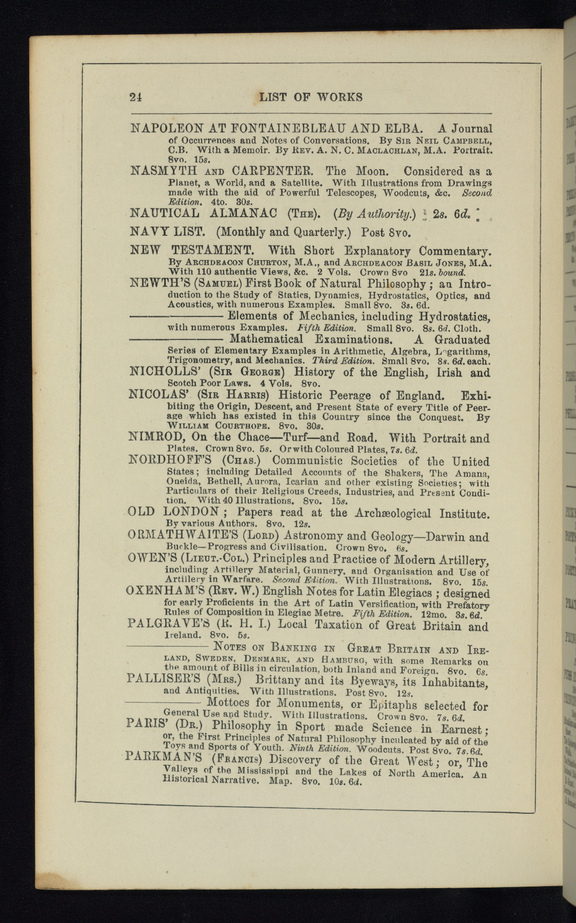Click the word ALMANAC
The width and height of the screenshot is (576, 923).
pos(244,213)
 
